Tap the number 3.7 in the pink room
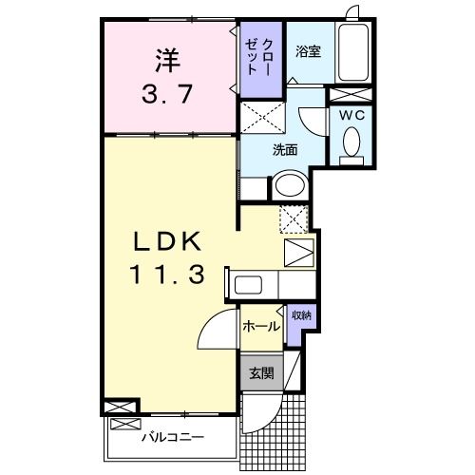[167, 94]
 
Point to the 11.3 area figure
[168, 275]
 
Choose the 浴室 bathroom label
[306, 53]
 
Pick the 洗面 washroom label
[285, 150]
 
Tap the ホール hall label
[261, 327]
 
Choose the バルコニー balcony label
[174, 437]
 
